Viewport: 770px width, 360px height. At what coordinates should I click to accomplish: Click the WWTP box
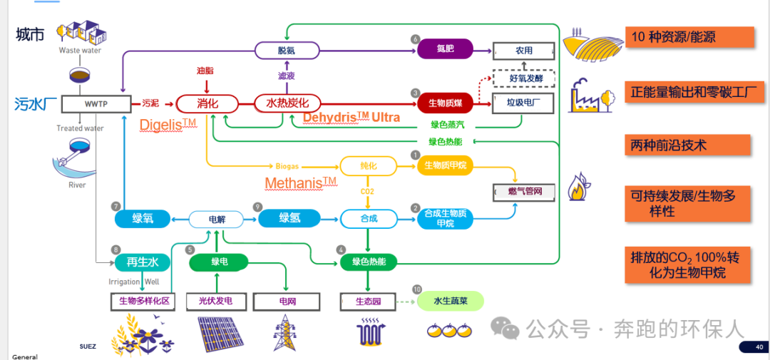point(96,104)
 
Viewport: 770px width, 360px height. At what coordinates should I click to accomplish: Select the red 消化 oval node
point(207,104)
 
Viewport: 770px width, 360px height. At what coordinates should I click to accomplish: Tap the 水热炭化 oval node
point(287,103)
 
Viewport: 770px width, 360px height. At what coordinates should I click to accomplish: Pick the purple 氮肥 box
point(445,50)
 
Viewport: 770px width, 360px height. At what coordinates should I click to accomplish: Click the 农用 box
point(523,51)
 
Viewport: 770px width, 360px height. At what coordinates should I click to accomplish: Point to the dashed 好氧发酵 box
point(523,77)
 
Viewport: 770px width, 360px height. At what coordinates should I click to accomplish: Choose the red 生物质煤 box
point(445,103)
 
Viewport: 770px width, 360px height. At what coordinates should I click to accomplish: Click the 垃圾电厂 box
point(523,103)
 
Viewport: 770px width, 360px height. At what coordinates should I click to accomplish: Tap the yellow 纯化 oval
point(367,166)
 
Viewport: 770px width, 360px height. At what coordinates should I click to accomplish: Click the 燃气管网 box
point(524,191)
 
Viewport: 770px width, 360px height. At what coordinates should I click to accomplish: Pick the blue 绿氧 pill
point(143,219)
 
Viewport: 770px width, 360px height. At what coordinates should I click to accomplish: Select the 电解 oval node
point(217,220)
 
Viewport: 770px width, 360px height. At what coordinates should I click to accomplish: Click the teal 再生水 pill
point(142,262)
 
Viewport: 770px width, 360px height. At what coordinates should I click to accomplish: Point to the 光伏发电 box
point(215,302)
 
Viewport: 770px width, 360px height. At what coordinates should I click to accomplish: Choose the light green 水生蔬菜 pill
point(451,301)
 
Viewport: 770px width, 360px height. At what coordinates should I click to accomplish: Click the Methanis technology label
point(300,183)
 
